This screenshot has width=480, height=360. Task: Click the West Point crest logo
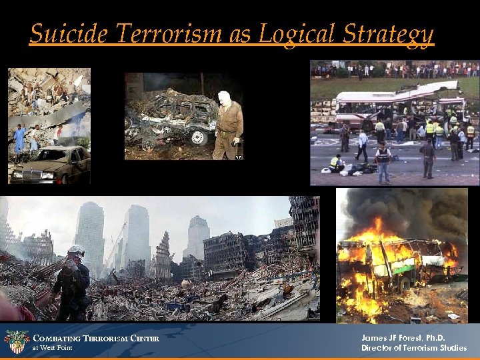point(16,341)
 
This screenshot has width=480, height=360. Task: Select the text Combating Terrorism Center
point(96,338)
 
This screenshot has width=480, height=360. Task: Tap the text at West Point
point(53,348)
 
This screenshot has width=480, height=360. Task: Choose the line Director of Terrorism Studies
point(414,348)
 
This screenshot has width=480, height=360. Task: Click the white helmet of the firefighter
point(76,251)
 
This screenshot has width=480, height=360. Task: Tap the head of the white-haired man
point(224,97)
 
